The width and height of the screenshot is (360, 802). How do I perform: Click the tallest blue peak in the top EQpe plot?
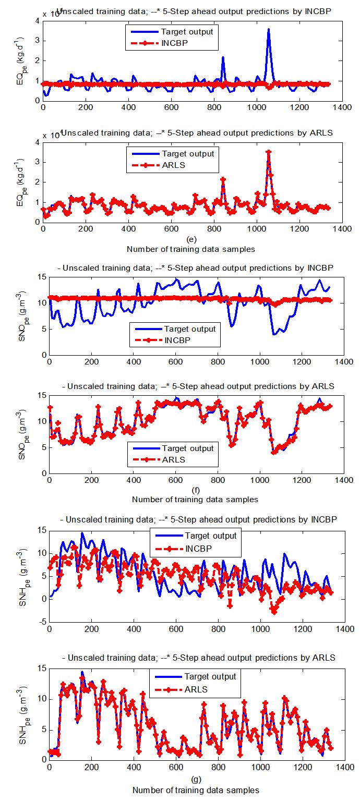[x=269, y=30]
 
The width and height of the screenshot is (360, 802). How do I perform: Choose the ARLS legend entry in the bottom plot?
[x=196, y=689]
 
